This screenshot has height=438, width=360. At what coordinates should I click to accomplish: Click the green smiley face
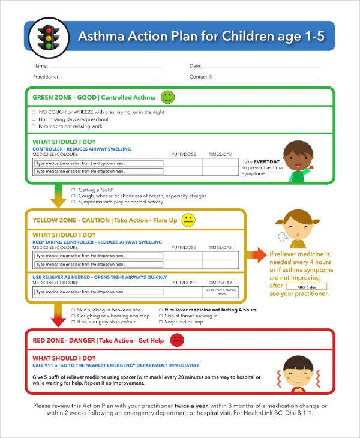coord(167,97)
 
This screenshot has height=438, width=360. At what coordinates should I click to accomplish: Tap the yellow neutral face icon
coord(188,220)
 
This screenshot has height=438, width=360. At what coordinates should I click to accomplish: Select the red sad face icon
coord(177,340)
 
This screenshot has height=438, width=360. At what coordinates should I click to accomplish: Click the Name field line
coord(105,66)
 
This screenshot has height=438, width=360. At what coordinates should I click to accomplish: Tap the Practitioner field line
coord(112,77)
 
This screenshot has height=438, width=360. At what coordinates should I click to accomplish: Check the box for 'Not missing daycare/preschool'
coord(33,119)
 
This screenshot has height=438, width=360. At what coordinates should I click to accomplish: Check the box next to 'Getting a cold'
coord(73,190)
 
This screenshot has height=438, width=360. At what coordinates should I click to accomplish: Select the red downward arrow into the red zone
coord(58,316)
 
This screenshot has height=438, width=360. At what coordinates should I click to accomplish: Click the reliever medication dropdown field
coord(100,292)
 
